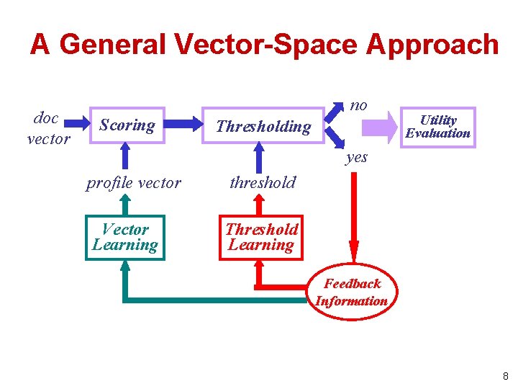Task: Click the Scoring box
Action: tap(127, 125)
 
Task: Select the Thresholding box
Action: tap(263, 127)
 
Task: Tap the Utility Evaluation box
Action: tap(437, 127)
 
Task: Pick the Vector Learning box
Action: tap(125, 237)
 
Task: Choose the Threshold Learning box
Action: tap(261, 237)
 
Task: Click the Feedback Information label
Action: tap(352, 292)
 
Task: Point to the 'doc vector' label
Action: tap(47, 128)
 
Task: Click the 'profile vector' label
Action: tap(133, 183)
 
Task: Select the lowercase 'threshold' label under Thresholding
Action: tap(263, 182)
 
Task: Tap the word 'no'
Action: tap(358, 105)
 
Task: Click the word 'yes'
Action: tap(356, 157)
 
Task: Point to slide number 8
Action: tap(506, 376)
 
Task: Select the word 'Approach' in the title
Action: tap(432, 45)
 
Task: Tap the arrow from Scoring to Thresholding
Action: tap(185, 125)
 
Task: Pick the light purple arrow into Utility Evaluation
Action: tap(379, 127)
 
